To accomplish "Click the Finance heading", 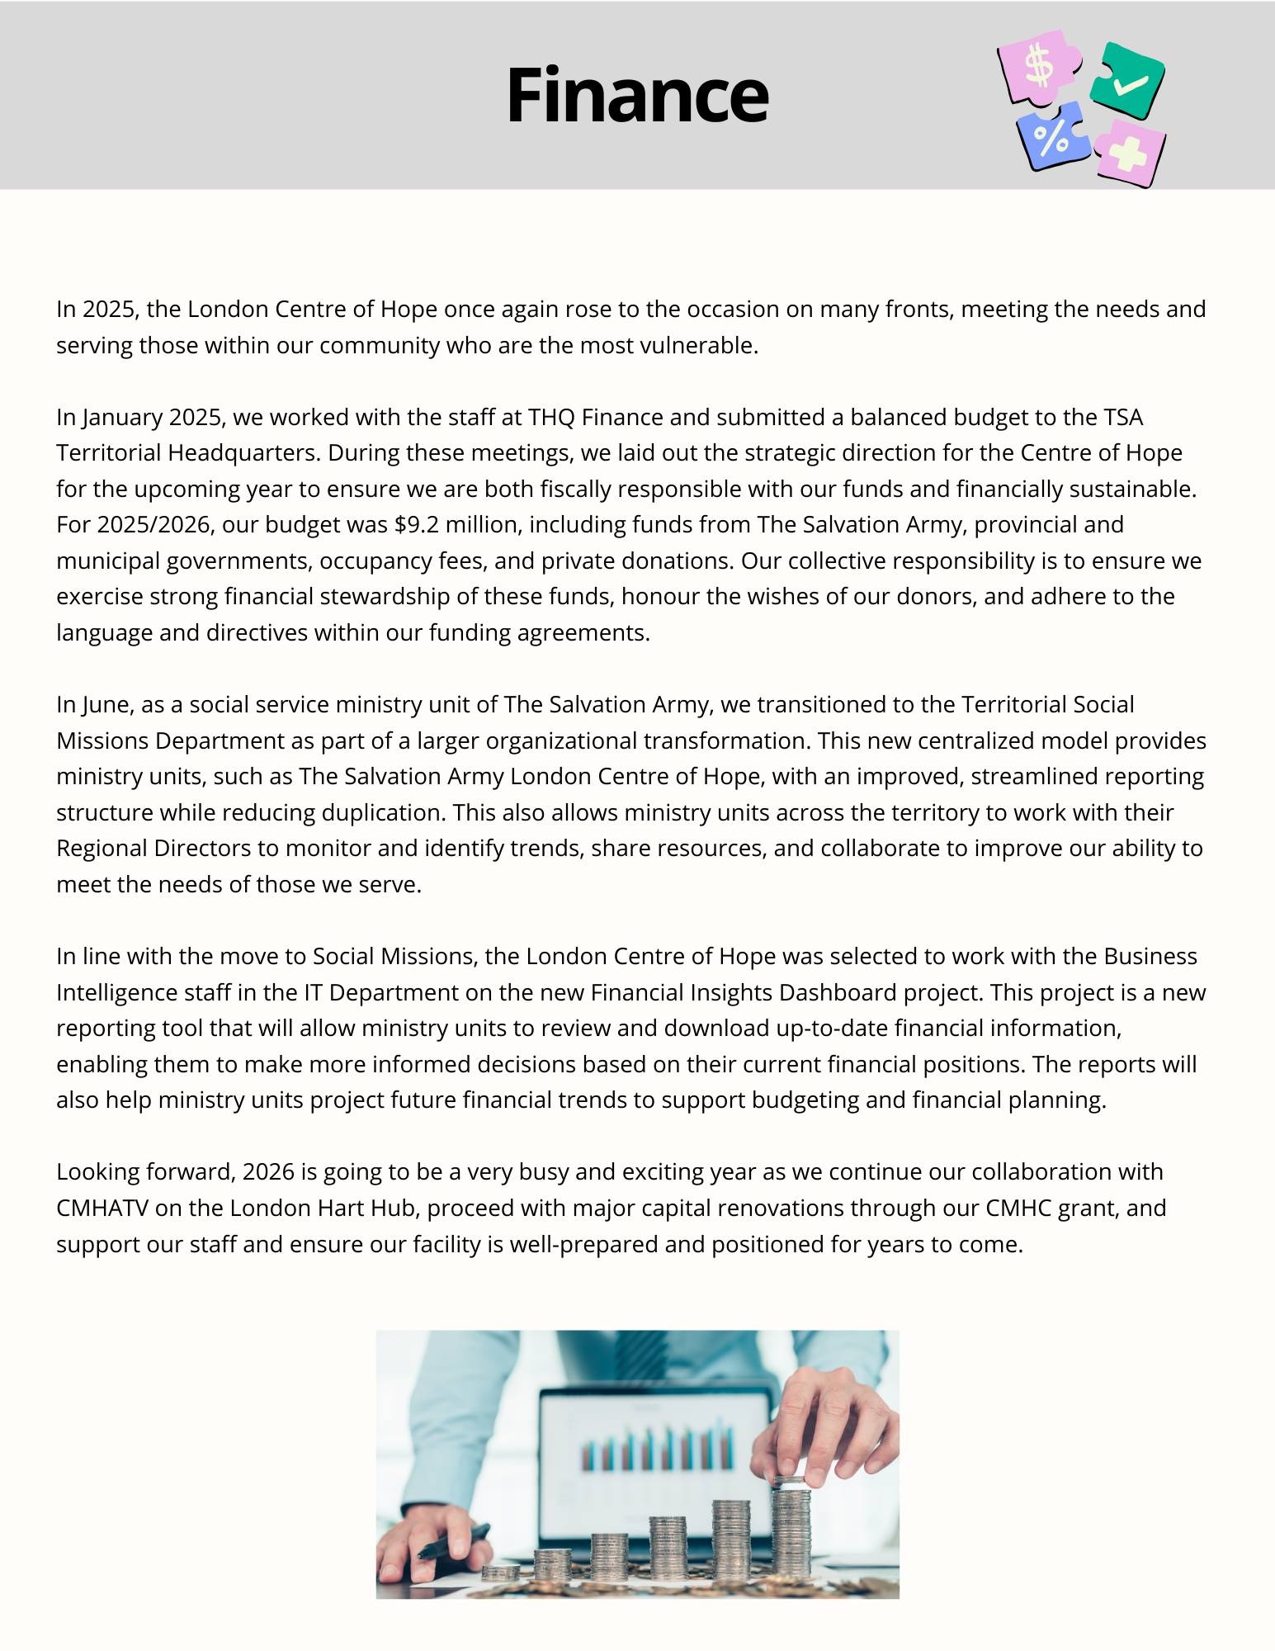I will point(637,96).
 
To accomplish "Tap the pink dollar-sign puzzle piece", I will point(1038,66).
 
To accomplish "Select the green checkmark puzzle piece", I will point(1126,81).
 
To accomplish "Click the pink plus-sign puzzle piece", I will point(1129,153).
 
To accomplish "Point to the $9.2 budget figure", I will point(417,525).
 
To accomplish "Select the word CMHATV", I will point(102,1208).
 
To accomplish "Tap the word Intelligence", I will point(120,992).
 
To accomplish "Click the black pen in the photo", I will point(452,1541).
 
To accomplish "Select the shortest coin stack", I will point(500,1572).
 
